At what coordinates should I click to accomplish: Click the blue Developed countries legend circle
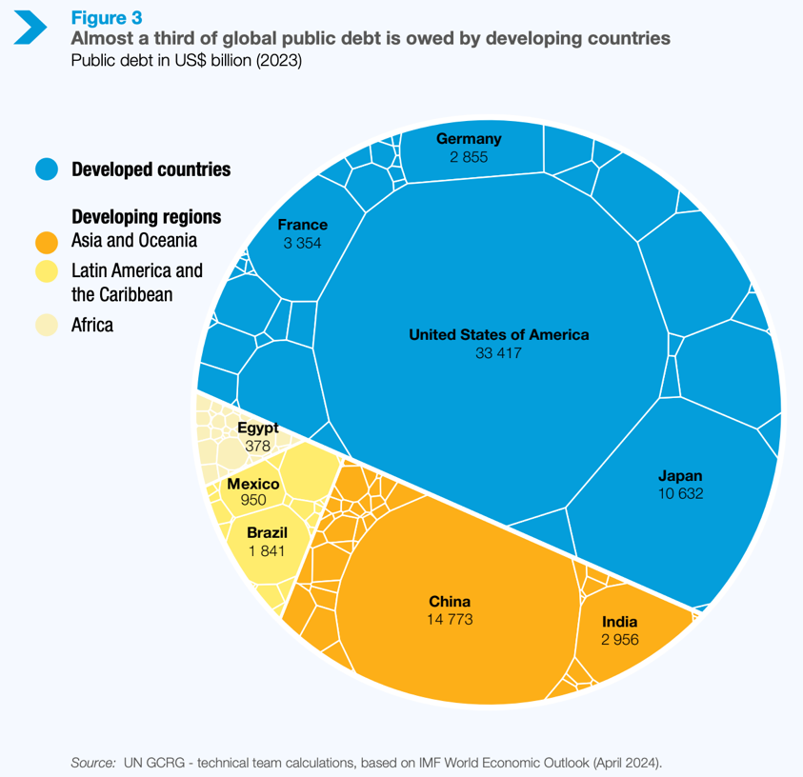tap(49, 169)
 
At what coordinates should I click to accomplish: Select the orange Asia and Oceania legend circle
tap(49, 241)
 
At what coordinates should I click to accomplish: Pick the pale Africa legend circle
tap(49, 325)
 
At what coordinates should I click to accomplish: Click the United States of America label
tap(498, 335)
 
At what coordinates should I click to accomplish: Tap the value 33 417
tap(498, 353)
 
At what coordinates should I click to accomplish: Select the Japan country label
tap(679, 475)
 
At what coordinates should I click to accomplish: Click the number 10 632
tap(679, 493)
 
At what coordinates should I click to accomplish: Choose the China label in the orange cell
tap(450, 602)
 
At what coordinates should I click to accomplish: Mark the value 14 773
tap(450, 620)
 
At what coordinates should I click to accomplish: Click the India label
tap(619, 622)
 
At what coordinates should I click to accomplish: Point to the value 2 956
tap(619, 640)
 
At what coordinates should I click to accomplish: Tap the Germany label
tap(469, 139)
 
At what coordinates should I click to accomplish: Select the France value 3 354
tap(302, 243)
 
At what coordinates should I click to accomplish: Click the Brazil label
tap(267, 532)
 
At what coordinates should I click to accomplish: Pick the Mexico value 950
tap(252, 500)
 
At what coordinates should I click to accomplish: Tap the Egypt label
tap(257, 428)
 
